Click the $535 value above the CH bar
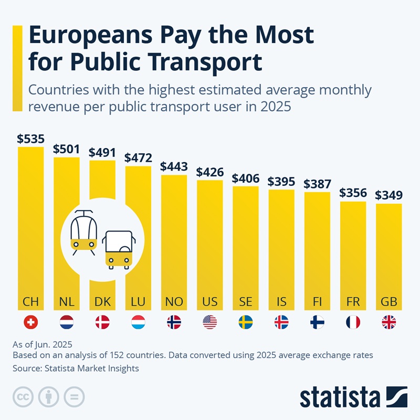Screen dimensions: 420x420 30,139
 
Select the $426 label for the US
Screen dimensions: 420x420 210,172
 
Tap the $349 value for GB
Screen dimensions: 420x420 388,196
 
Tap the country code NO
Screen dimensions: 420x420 174,302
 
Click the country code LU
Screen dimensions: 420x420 138,302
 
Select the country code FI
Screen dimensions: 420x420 317,302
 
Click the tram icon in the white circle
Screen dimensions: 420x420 84,233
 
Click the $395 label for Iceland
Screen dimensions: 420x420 281,182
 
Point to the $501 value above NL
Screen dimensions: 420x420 67,149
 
